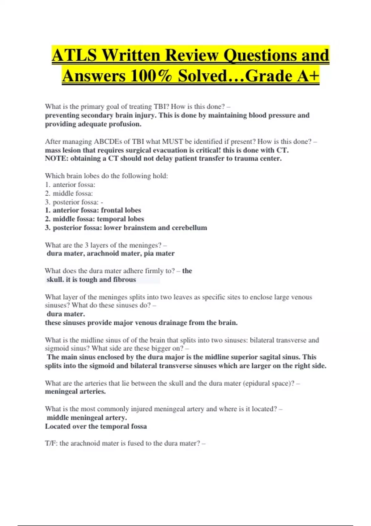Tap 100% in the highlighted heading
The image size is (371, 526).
(151, 76)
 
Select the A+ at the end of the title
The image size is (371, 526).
(308, 76)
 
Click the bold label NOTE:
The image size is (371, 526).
(57, 158)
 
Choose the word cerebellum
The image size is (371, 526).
(189, 228)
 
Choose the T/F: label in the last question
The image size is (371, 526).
(51, 443)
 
